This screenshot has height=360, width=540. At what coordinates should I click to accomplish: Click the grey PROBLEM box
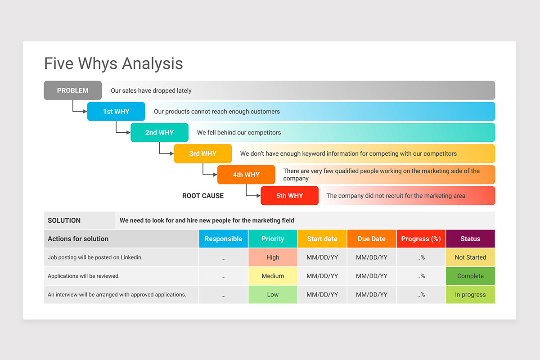(72, 90)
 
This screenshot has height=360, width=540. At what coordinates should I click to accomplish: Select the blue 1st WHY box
(116, 112)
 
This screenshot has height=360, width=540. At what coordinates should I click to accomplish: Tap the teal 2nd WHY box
(159, 132)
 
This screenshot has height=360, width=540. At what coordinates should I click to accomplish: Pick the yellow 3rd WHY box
(203, 153)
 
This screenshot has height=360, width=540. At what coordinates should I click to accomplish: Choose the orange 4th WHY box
(246, 175)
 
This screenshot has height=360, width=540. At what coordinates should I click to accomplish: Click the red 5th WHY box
(289, 196)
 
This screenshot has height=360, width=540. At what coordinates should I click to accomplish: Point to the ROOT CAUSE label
(203, 196)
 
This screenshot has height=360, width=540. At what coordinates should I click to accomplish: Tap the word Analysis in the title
(153, 63)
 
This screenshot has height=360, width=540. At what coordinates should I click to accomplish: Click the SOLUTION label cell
(80, 220)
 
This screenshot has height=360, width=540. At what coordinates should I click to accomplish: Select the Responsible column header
(224, 238)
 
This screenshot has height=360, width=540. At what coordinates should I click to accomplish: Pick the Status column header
(470, 238)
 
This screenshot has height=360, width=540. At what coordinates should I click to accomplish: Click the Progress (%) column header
(421, 238)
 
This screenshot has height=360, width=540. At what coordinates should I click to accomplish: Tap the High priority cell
(273, 257)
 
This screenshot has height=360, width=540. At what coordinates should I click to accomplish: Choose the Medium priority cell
(273, 276)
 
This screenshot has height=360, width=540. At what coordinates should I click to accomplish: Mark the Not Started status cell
(470, 257)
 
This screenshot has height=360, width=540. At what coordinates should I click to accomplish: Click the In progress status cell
(470, 294)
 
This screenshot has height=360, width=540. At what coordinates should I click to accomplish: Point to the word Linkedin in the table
(131, 257)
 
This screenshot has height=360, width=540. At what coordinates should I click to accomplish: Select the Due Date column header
(372, 238)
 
